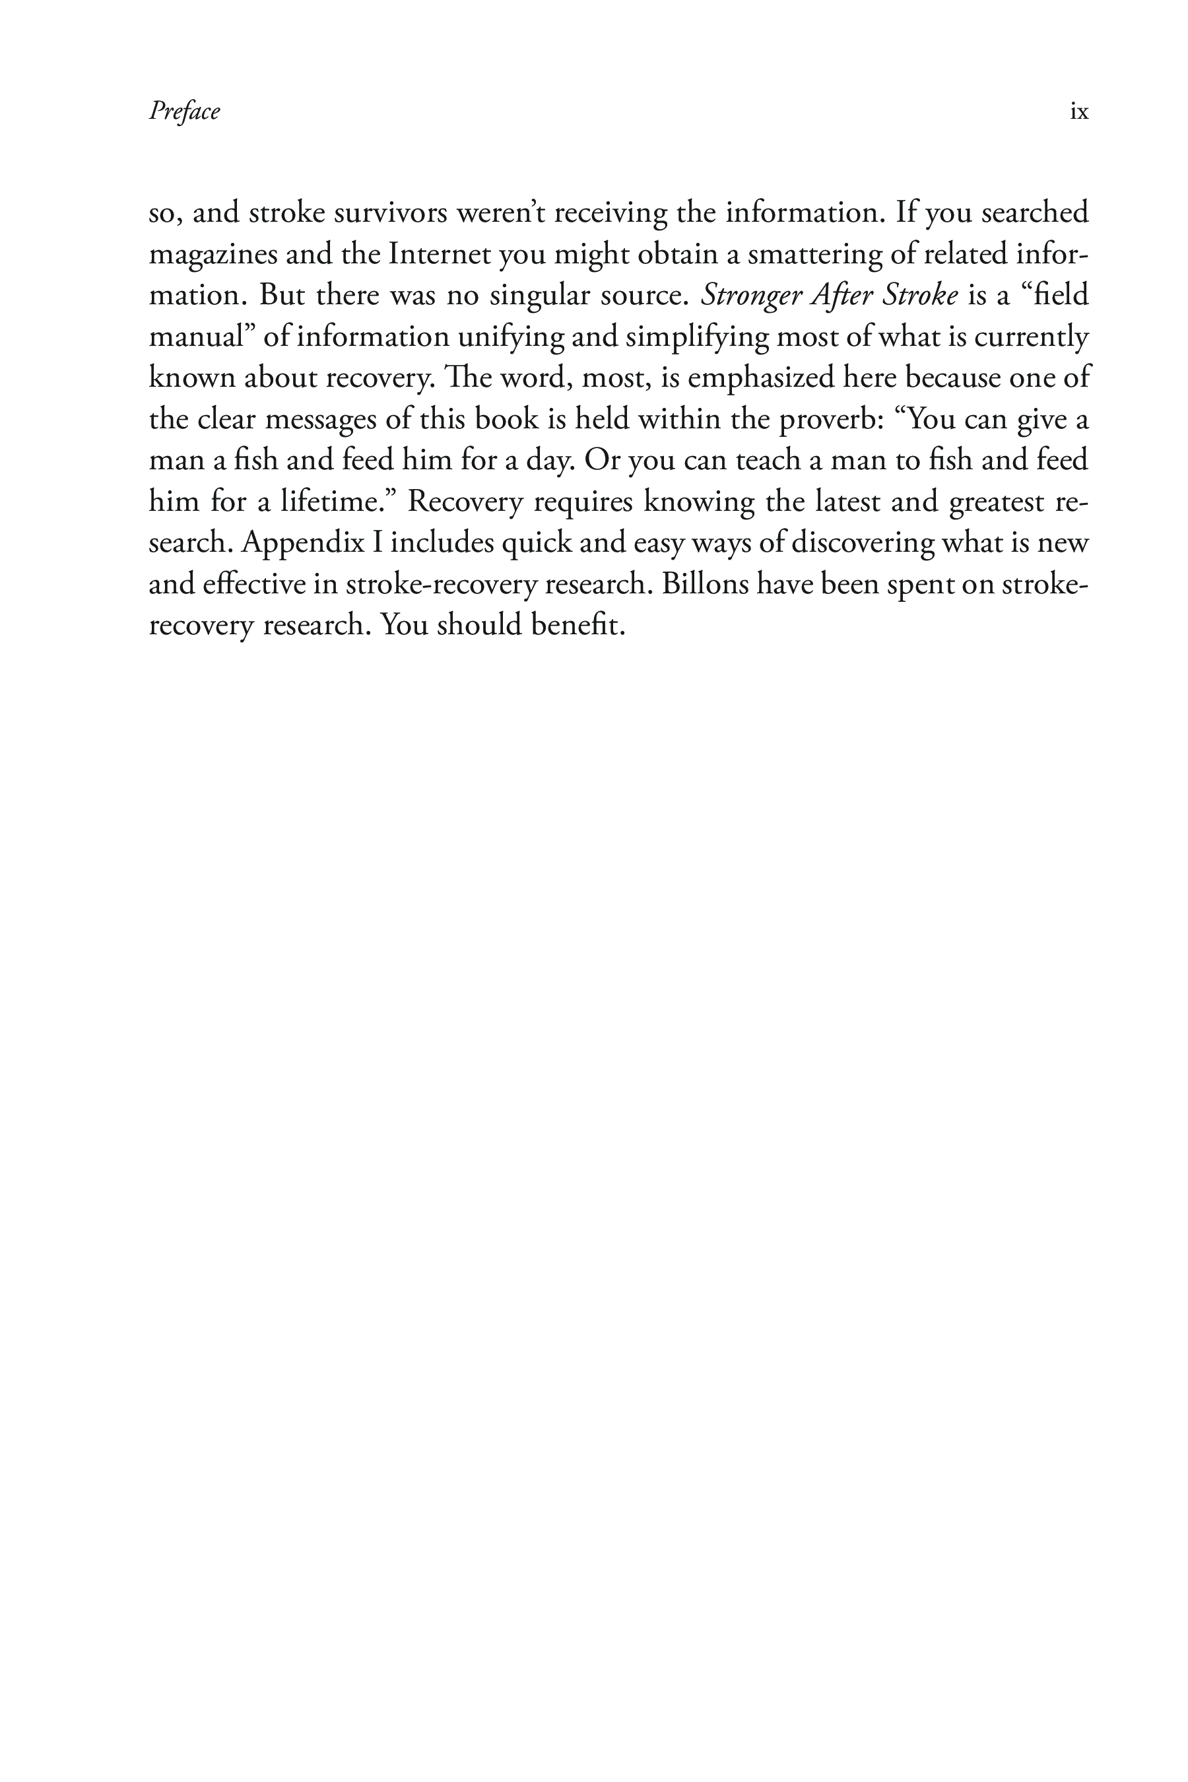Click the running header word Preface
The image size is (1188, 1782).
tap(184, 112)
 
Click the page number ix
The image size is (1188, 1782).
tap(1079, 112)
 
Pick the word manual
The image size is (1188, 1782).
tap(200, 337)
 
